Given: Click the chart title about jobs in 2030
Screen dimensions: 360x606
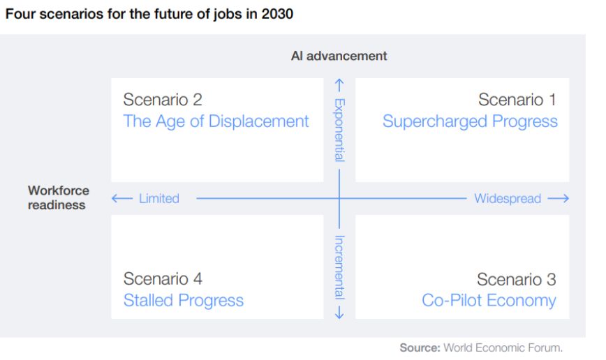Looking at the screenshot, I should (x=149, y=15).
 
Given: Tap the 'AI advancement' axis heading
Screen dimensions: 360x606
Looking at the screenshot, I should (x=339, y=56).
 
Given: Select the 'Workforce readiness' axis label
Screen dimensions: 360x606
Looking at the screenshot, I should (x=58, y=197).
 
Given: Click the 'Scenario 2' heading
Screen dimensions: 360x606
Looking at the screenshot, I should (x=163, y=100).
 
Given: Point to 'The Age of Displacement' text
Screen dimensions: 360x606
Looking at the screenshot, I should (x=216, y=121).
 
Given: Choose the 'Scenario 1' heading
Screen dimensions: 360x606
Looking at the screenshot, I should (x=517, y=100).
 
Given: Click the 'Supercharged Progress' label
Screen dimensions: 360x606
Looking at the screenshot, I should (x=470, y=121).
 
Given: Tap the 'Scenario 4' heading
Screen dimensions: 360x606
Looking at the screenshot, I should (x=163, y=279).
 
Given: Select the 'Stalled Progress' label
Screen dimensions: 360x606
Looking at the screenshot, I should (x=183, y=301).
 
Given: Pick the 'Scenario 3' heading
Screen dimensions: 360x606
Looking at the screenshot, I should (x=517, y=279).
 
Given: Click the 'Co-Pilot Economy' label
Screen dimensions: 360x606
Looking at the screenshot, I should (x=489, y=301).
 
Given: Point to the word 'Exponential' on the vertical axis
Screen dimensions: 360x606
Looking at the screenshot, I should (x=339, y=130).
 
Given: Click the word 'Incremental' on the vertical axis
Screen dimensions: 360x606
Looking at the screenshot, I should (x=339, y=267).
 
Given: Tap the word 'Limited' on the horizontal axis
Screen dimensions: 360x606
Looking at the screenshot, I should (x=158, y=199).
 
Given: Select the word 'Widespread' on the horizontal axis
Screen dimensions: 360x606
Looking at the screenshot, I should (x=508, y=199).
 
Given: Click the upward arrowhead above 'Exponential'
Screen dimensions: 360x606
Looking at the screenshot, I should (x=339, y=85).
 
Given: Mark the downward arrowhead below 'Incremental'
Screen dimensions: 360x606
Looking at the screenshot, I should (x=339, y=313).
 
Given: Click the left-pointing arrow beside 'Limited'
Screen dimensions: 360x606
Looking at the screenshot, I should (x=121, y=199).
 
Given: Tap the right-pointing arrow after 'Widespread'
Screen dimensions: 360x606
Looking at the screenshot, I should (x=559, y=199).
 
